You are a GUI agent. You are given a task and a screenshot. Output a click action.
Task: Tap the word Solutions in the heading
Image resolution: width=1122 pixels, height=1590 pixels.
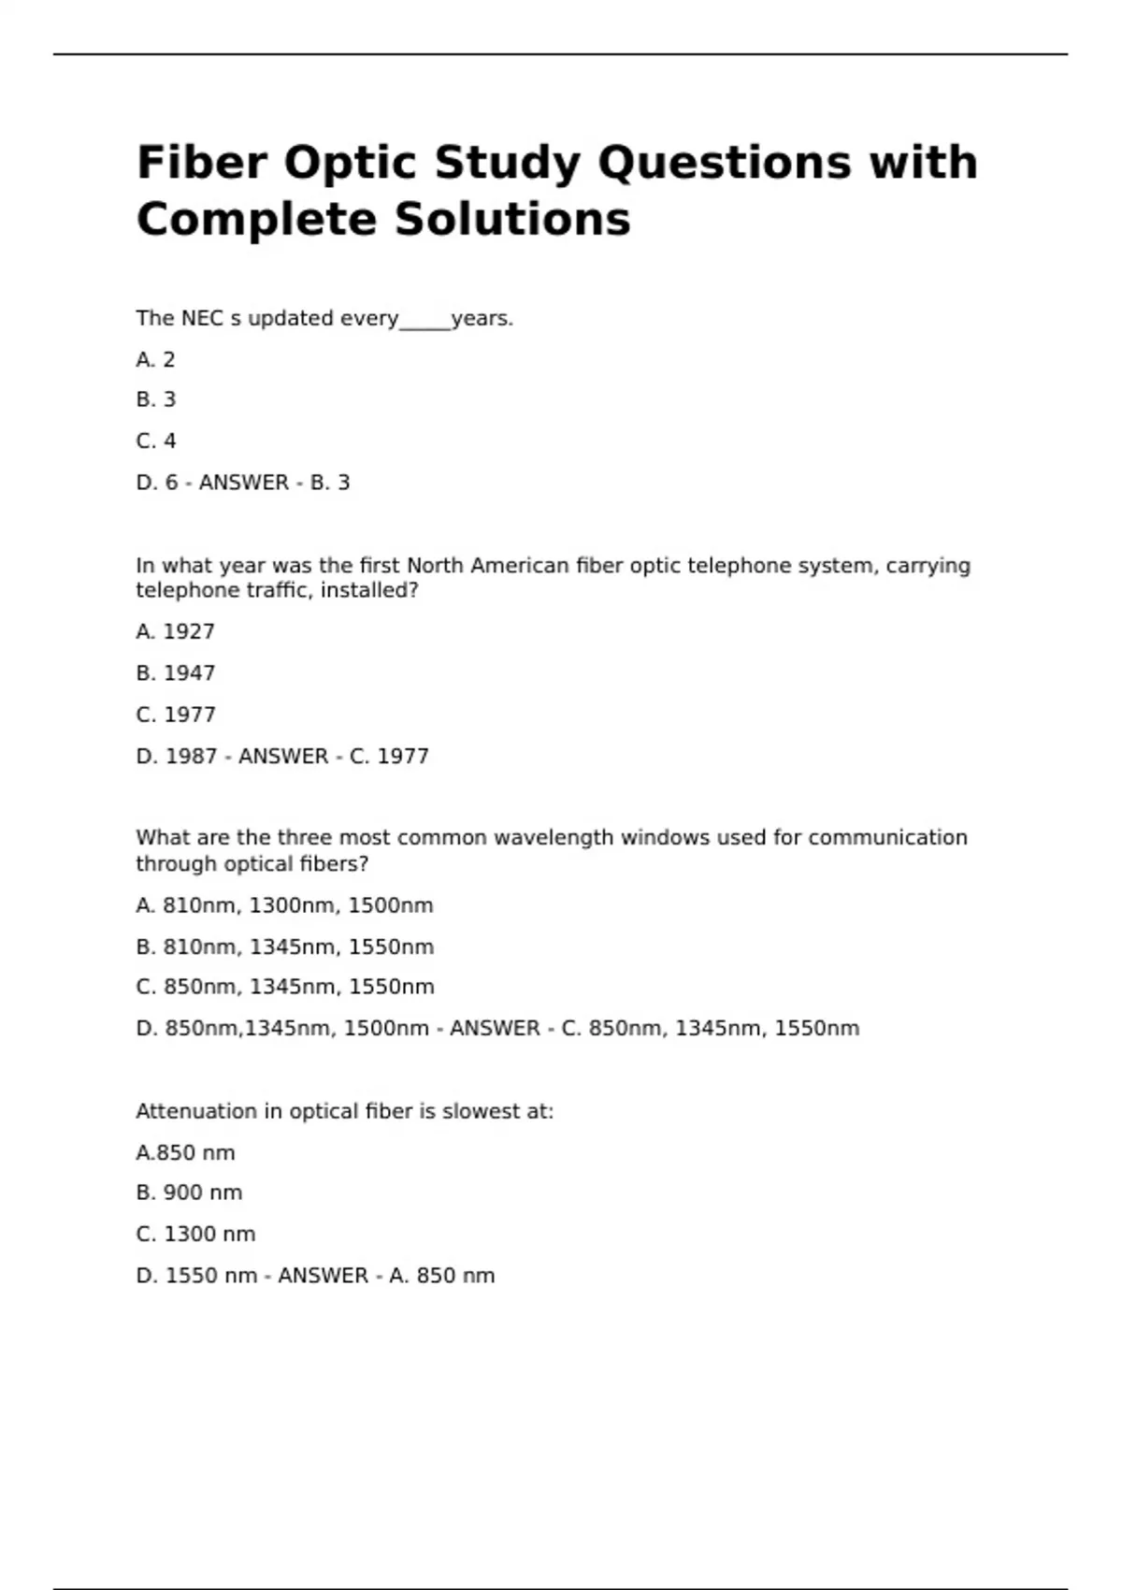tap(512, 220)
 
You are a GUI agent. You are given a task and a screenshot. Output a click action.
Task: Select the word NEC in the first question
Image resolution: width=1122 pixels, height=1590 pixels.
tap(202, 319)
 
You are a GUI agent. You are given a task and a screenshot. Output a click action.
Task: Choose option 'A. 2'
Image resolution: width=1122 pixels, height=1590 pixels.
tap(155, 360)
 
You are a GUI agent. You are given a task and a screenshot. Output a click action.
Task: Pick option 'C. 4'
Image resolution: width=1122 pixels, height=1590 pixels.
tap(155, 441)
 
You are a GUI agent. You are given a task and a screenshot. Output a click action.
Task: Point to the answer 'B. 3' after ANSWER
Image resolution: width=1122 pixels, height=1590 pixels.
tap(330, 483)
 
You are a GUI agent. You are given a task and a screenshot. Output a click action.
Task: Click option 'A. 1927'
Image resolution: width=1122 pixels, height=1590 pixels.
tap(175, 632)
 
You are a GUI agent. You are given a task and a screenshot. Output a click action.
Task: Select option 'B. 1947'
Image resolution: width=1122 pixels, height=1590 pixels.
tap(175, 673)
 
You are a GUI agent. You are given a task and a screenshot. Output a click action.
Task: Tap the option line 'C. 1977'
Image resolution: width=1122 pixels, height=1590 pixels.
tap(175, 715)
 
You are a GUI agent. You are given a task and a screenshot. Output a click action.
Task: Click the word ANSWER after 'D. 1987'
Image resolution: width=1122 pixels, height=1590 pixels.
tap(283, 756)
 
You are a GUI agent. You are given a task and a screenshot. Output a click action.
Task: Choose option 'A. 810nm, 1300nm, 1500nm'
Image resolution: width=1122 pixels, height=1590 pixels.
tap(284, 905)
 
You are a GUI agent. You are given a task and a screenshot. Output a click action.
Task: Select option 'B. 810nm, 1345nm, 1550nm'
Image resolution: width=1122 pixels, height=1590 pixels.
tap(284, 947)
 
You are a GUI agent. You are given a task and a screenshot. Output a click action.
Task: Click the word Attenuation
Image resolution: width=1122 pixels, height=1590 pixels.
tap(195, 1111)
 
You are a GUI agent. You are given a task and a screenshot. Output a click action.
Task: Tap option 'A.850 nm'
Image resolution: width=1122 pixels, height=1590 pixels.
tap(185, 1153)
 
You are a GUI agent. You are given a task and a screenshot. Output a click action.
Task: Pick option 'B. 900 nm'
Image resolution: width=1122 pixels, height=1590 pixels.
tap(189, 1193)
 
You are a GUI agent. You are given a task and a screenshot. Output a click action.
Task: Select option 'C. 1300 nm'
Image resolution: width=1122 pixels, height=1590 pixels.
tap(195, 1235)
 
